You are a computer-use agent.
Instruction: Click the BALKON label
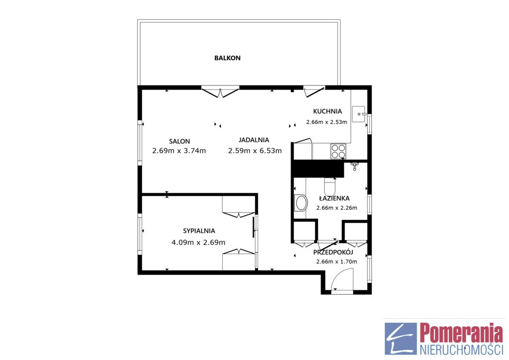click(x=227, y=58)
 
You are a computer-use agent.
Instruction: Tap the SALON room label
click(x=179, y=141)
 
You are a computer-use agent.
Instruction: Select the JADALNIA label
click(x=254, y=140)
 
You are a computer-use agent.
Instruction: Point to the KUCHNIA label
click(x=327, y=111)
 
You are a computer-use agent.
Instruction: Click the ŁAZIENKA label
click(x=334, y=198)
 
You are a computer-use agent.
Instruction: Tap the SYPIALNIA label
click(x=199, y=231)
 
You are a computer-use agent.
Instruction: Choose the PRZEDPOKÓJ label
click(x=333, y=252)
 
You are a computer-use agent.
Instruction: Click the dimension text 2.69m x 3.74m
click(x=179, y=151)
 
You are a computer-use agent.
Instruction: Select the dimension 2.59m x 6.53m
click(x=255, y=151)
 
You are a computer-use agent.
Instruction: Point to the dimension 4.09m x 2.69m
click(x=198, y=243)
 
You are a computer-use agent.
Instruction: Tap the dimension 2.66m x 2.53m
click(x=327, y=122)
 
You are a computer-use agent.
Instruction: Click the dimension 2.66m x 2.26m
click(x=337, y=208)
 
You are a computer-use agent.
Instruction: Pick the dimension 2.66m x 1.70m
click(x=337, y=262)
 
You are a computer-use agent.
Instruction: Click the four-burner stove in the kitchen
click(x=338, y=151)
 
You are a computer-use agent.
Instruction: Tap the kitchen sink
click(x=359, y=114)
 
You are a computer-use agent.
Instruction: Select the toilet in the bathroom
click(x=330, y=187)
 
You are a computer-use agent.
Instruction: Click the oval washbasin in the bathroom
click(x=301, y=203)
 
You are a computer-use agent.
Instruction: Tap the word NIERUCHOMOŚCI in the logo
click(x=461, y=350)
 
